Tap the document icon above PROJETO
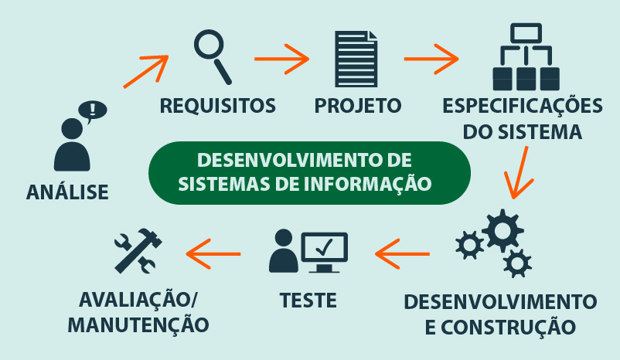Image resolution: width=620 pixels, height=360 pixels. click(x=356, y=59)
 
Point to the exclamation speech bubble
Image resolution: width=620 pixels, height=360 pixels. click(x=95, y=110)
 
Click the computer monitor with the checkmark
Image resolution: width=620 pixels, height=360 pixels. click(x=325, y=250)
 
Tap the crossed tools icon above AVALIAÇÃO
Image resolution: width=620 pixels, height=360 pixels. click(x=138, y=250)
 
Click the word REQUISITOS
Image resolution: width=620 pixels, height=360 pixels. click(x=217, y=104)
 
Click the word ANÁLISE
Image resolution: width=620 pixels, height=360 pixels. click(x=67, y=191)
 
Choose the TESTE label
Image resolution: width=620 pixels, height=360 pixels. click(x=308, y=297)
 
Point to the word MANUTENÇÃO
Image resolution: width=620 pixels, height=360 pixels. click(x=138, y=325)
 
